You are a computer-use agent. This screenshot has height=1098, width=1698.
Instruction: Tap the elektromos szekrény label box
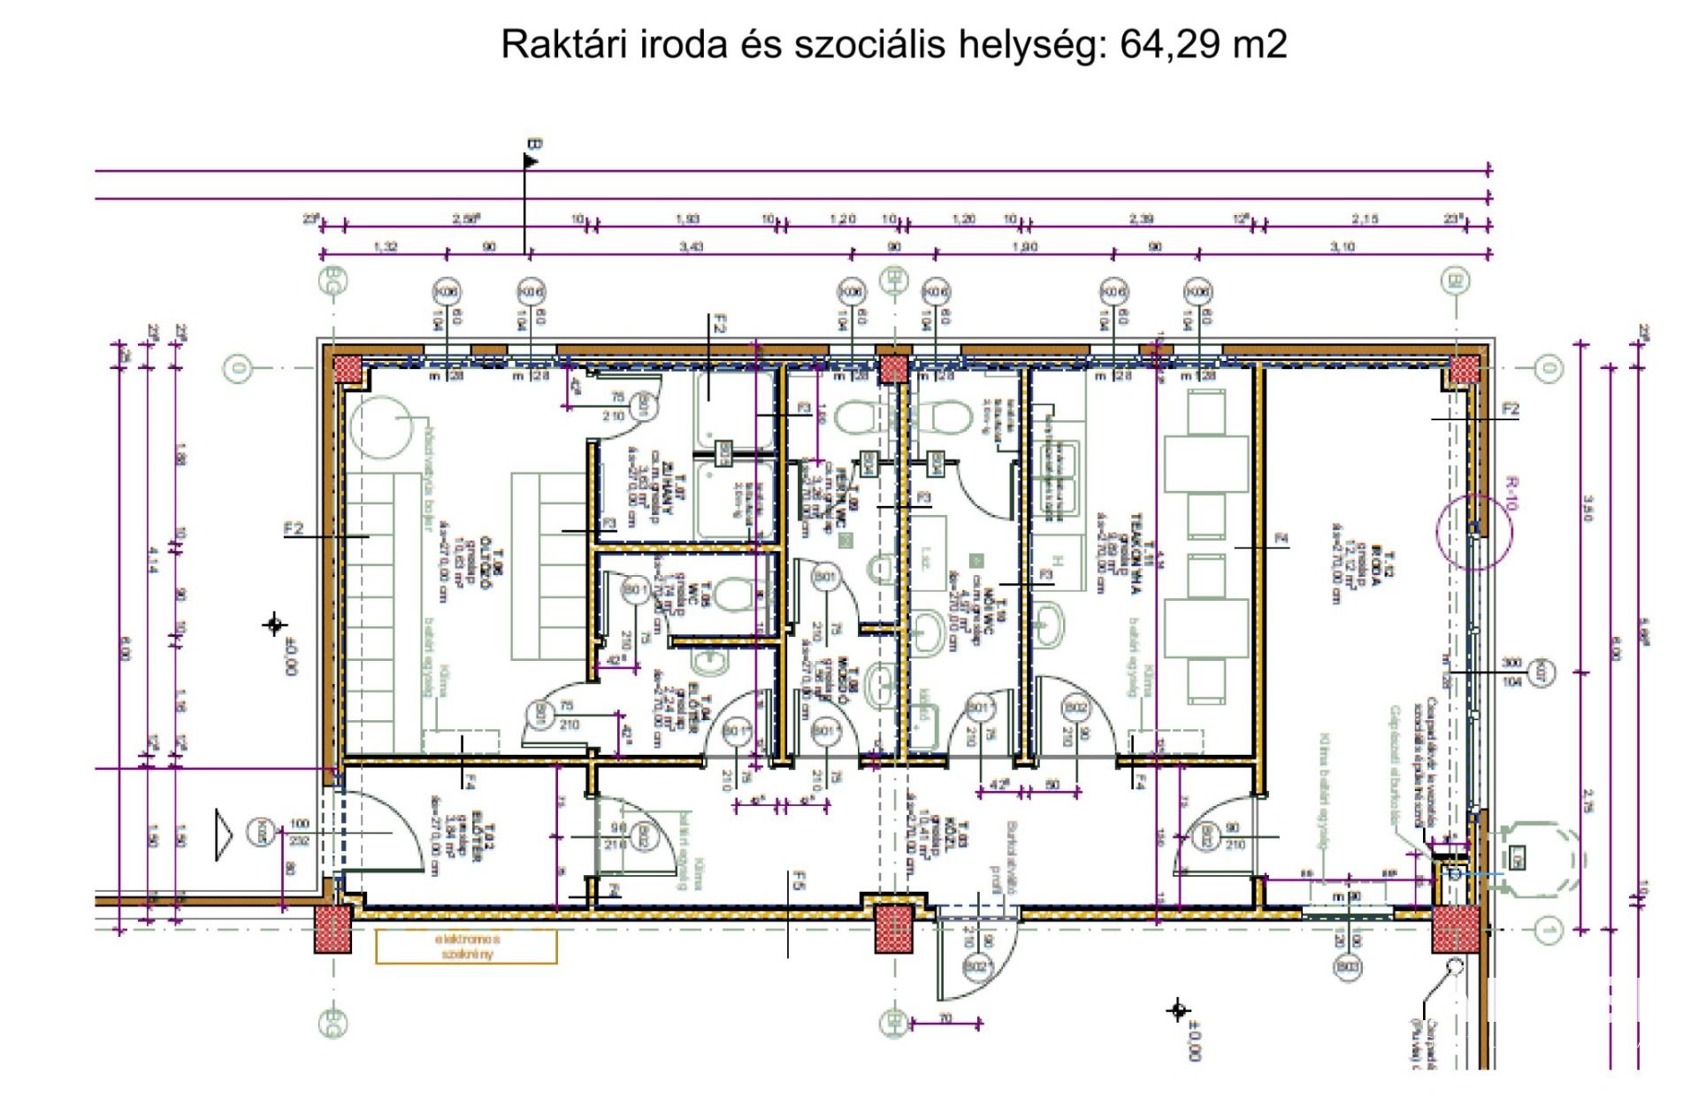coord(466,946)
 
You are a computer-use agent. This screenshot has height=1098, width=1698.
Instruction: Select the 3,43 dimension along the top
coord(691,247)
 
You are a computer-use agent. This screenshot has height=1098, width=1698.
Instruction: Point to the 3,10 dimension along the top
coord(1342,247)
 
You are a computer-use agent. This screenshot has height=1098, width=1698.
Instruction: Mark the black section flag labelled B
coord(531,159)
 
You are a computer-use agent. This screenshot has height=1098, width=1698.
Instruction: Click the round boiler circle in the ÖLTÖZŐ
coord(381,426)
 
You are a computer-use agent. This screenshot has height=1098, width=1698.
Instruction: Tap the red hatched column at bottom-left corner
coord(333,931)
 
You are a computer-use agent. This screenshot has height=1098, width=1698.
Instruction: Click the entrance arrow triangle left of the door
coord(223,833)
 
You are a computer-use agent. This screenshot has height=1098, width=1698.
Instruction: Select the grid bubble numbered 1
coord(1548,928)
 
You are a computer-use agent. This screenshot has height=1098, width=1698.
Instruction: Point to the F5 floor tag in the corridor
coord(798,880)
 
